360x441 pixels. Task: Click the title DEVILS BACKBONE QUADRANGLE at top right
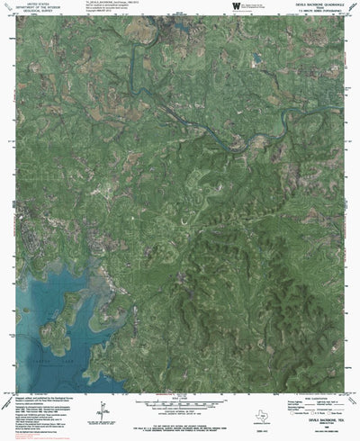[x=317, y=4]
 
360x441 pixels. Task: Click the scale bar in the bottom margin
[x=180, y=390]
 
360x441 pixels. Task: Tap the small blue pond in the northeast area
[x=257, y=59]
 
